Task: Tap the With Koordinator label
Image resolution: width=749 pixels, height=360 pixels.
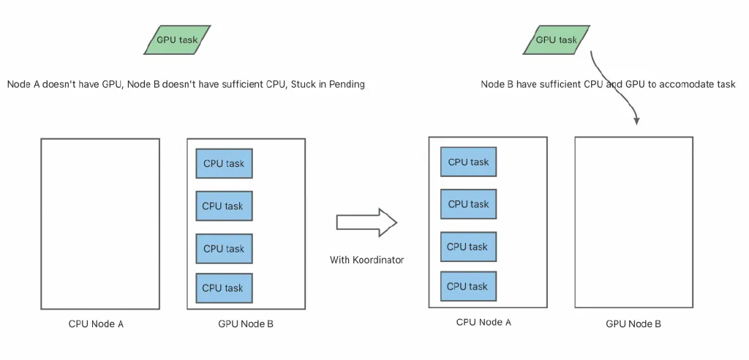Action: [366, 260]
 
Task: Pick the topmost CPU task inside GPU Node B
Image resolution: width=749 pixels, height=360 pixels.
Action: [224, 164]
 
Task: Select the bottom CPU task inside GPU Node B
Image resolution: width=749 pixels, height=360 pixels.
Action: [224, 288]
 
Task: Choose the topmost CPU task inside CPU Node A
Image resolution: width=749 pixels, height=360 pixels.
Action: [468, 162]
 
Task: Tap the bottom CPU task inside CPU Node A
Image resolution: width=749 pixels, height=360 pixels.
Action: [468, 286]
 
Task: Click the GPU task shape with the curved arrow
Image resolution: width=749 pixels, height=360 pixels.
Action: [556, 40]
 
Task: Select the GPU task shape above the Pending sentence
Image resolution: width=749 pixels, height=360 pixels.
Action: [176, 40]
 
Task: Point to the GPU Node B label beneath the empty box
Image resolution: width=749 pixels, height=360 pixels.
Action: [633, 323]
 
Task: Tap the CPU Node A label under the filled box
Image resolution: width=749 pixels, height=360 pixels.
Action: [483, 321]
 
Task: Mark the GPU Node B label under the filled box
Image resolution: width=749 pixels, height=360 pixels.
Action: [246, 323]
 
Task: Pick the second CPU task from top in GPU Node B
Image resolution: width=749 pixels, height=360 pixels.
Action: [224, 206]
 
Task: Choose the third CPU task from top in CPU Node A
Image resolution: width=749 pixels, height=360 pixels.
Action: [468, 247]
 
